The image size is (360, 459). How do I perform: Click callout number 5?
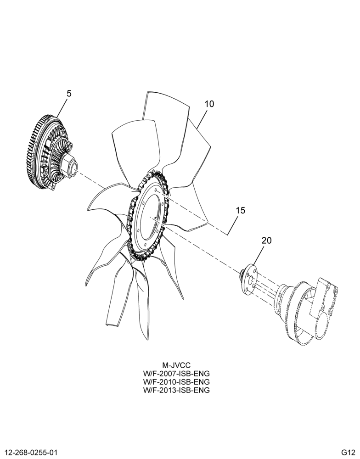(69, 94)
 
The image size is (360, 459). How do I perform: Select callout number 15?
(240, 210)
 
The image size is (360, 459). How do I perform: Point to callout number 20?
(267, 241)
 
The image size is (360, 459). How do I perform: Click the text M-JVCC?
(176, 365)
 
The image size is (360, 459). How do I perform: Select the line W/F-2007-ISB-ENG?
(176, 374)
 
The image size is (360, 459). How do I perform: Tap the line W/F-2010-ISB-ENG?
(176, 382)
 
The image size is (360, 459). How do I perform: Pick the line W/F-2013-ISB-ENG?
(176, 390)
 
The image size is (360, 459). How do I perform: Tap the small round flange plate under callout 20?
(250, 279)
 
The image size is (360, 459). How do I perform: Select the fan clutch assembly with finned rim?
(50, 152)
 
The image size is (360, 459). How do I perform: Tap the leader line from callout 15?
(231, 225)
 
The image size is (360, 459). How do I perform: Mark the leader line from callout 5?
(62, 109)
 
